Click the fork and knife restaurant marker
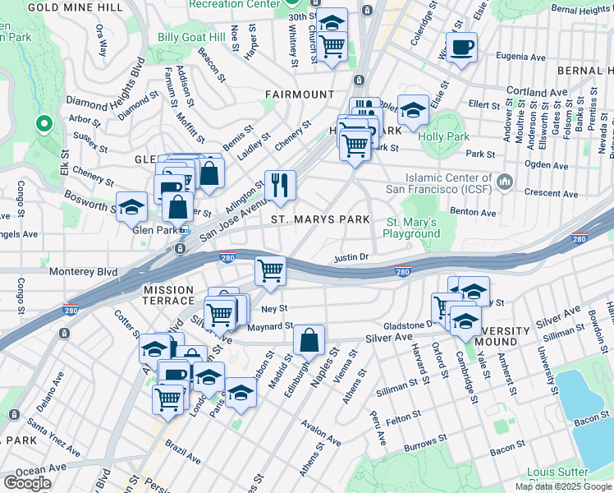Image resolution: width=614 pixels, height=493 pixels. (281, 185)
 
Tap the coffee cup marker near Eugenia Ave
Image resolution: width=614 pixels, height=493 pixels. (461, 47)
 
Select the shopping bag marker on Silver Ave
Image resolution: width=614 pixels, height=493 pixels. (309, 339)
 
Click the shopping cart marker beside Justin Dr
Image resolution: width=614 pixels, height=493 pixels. (270, 270)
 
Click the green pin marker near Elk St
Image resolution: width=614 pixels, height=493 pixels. (44, 124)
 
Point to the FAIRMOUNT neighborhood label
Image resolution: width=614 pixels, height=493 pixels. (300, 94)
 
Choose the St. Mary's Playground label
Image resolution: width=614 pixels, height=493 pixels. (413, 228)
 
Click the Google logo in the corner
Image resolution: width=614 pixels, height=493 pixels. (27, 482)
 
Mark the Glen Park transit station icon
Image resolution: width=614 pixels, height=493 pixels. (185, 231)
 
